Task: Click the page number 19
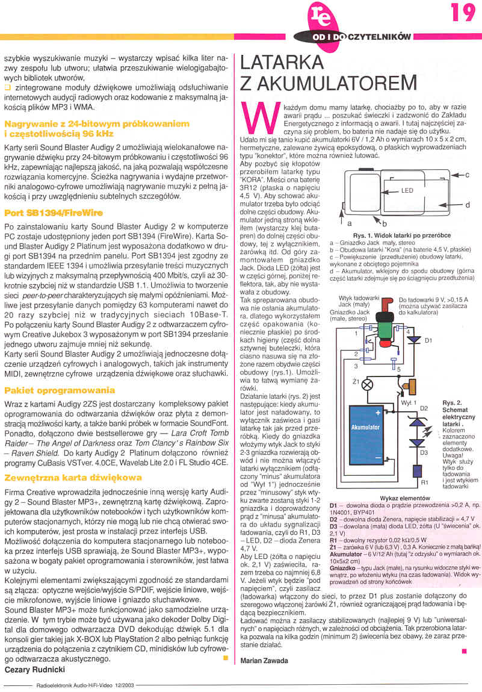tap(463, 13)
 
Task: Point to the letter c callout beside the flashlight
tap(467, 175)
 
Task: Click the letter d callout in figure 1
tap(467, 205)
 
